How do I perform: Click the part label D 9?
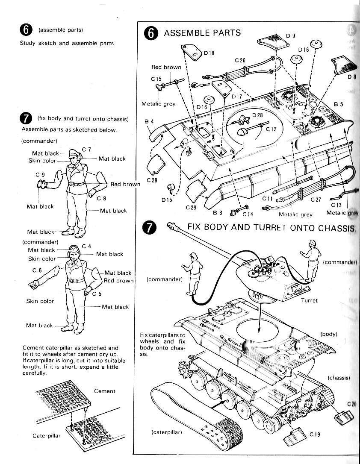291,35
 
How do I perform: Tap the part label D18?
209,53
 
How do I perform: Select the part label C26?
240,60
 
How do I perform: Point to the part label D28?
257,115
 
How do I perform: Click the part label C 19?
315,435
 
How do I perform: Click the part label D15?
167,199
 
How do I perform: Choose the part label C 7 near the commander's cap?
86,149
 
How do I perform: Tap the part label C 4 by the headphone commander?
86,246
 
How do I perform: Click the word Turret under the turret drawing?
309,300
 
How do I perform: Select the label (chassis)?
339,378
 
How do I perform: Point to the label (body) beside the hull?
329,334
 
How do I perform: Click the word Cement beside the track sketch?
104,391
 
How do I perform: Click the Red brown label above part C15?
166,67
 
